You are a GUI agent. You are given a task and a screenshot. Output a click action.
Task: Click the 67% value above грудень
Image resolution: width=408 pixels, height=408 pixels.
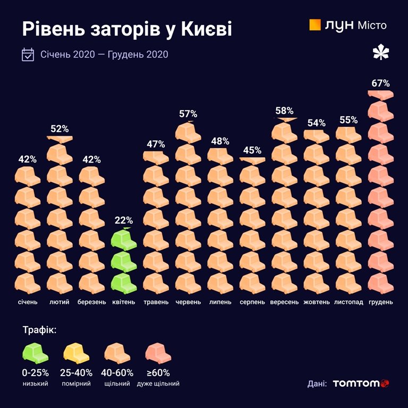[381, 83]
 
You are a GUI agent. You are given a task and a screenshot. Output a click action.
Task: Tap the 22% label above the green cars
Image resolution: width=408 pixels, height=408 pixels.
[124, 220]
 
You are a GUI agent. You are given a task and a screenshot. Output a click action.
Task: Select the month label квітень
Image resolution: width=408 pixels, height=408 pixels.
[124, 302]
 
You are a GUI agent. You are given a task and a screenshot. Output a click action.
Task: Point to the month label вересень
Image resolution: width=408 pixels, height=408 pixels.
[284, 302]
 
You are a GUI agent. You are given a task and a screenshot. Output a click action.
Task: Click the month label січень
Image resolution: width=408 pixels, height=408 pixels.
[27, 302]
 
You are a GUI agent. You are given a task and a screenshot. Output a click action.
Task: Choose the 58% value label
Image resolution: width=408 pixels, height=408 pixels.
[284, 111]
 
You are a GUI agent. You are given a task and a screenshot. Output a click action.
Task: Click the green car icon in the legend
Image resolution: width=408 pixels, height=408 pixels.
[36, 353]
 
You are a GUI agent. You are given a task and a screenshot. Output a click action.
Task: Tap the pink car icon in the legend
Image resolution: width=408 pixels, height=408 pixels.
[158, 353]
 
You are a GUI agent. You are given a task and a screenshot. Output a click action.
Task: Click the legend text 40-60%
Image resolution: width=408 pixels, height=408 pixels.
[118, 373]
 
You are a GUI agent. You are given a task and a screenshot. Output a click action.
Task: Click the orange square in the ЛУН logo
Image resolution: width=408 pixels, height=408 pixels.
[314, 25]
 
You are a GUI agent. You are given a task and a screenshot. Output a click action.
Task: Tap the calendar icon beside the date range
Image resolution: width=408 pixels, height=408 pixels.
[28, 55]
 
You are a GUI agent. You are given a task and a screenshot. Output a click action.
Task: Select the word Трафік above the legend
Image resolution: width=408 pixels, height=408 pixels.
[39, 330]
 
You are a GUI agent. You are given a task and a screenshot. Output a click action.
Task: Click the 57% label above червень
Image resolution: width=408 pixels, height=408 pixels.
[188, 114]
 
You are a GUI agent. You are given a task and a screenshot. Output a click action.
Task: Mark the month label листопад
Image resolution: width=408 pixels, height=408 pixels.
[348, 302]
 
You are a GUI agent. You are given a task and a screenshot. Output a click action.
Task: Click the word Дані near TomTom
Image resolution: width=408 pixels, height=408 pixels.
[317, 384]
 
